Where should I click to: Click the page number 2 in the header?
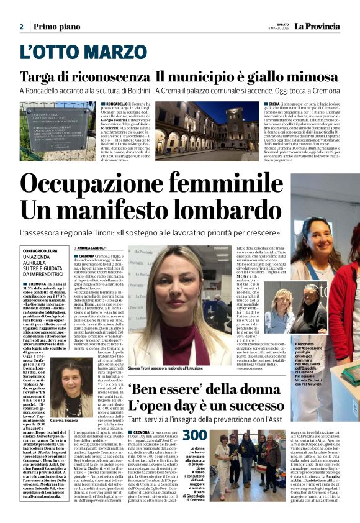point(21,27)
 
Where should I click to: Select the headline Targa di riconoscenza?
point(84,77)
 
